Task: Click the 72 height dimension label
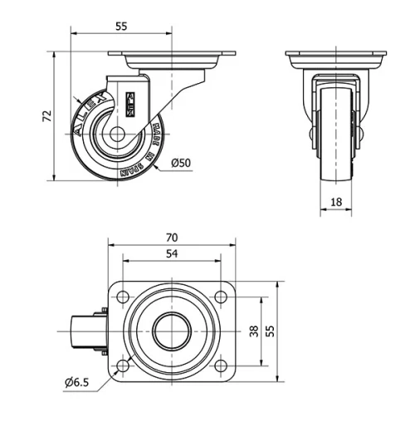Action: coord(47,116)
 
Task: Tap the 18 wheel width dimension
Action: coord(335,201)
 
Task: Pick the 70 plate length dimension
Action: coord(172,237)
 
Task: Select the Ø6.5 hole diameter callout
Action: coord(75,381)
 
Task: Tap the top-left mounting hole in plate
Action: coord(123,297)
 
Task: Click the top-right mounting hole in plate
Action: coord(221,297)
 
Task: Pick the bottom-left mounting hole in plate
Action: coord(123,366)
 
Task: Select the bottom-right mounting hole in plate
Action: coord(221,366)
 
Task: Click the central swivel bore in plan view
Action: coord(172,331)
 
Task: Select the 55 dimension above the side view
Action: coord(121,27)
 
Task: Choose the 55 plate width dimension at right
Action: coord(270,331)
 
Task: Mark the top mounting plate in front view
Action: coord(335,59)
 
